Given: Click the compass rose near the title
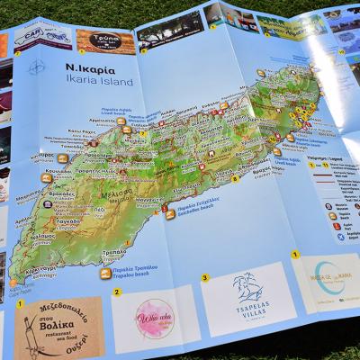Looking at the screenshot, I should (36, 67).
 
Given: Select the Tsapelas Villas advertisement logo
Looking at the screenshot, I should (247, 293).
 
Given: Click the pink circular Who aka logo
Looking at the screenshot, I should (155, 318).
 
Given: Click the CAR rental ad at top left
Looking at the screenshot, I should (41, 37).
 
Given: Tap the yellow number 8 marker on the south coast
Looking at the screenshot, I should (236, 179).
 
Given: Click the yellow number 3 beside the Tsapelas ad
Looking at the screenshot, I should (204, 277).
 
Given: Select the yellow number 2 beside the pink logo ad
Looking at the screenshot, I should (116, 292).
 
